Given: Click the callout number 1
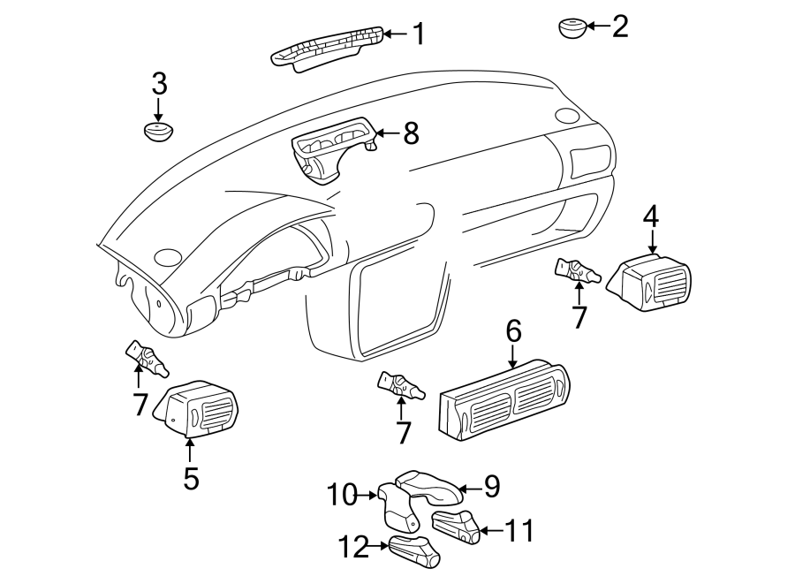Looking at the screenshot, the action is (418, 34).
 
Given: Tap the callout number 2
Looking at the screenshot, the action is (620, 26).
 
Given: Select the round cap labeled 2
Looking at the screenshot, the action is (573, 28).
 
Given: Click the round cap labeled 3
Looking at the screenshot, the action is (159, 132).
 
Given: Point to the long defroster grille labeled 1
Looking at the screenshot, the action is (328, 47).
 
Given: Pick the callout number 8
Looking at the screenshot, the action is (411, 133).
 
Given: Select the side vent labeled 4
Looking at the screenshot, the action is (648, 282).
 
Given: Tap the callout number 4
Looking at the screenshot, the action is (651, 216).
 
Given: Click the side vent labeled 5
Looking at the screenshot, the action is (194, 408).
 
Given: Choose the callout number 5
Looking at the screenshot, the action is (191, 479).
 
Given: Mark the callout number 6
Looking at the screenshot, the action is (513, 332).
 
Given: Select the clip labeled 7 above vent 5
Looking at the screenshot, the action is (147, 359).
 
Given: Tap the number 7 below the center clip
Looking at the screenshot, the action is (403, 434).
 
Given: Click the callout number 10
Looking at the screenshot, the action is (342, 495).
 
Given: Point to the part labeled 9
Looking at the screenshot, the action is (428, 488).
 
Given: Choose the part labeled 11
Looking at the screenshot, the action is (455, 527).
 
